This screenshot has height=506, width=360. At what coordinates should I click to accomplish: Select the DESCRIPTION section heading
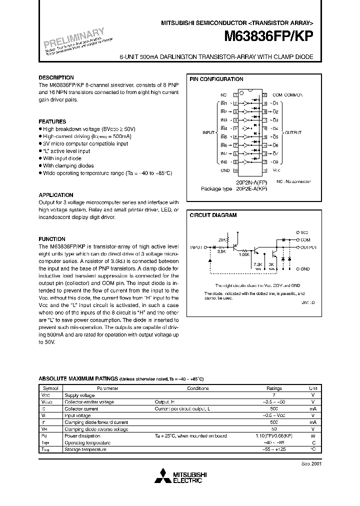click(x=56, y=78)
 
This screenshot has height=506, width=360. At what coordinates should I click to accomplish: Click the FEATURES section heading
click(x=52, y=121)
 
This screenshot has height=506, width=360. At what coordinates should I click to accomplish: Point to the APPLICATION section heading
click(x=56, y=195)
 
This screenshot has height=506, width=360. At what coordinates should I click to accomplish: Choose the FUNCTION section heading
click(x=52, y=239)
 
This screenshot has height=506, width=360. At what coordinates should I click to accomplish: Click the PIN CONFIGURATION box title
click(x=216, y=79)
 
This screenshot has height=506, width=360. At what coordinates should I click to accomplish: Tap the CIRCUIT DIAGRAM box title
click(x=213, y=215)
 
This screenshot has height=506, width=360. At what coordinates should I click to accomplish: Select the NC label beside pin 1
click(x=223, y=94)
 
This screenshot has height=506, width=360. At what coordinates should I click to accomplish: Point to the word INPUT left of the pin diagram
click(x=208, y=132)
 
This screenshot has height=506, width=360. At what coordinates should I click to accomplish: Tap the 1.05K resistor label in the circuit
click(x=244, y=254)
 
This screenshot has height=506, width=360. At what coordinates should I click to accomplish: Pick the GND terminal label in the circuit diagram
click(x=305, y=269)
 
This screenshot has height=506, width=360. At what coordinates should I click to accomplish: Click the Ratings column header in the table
click(x=274, y=388)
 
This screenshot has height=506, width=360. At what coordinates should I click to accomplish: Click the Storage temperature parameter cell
click(x=85, y=449)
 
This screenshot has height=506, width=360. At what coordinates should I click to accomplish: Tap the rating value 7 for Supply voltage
click(x=274, y=395)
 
